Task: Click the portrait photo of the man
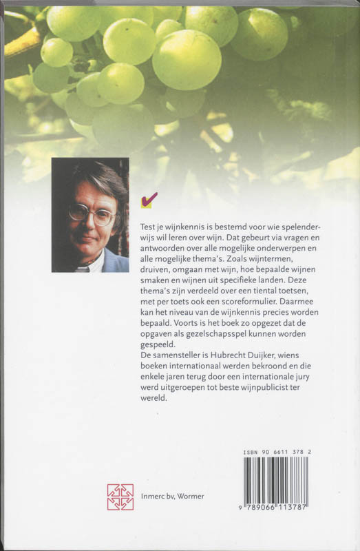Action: tap(90, 215)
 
